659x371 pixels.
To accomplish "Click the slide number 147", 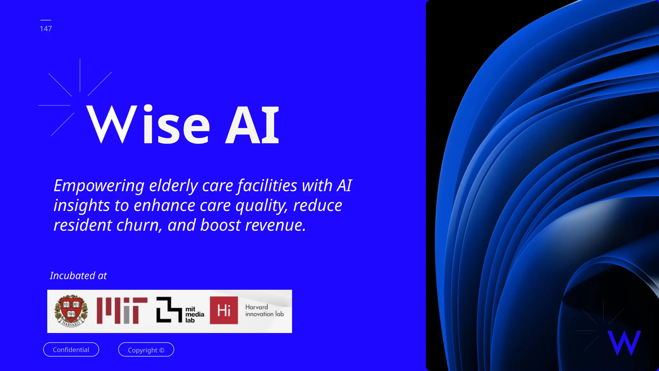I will click(x=46, y=29).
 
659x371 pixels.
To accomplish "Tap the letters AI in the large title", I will click(x=252, y=125).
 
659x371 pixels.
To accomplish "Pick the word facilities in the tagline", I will click(x=267, y=186).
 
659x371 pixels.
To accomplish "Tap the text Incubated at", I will click(x=78, y=276).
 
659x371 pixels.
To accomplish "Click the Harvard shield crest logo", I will click(x=71, y=311).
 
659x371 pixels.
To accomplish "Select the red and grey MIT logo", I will click(x=122, y=311).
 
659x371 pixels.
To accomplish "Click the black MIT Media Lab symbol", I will click(x=169, y=310).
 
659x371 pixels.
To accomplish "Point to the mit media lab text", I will click(x=194, y=315).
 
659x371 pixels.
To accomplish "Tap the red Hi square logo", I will click(x=224, y=310).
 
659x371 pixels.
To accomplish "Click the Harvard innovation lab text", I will click(x=265, y=311).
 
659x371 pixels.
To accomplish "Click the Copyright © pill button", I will click(x=146, y=350).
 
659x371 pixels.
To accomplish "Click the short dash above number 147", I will click(x=46, y=20).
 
